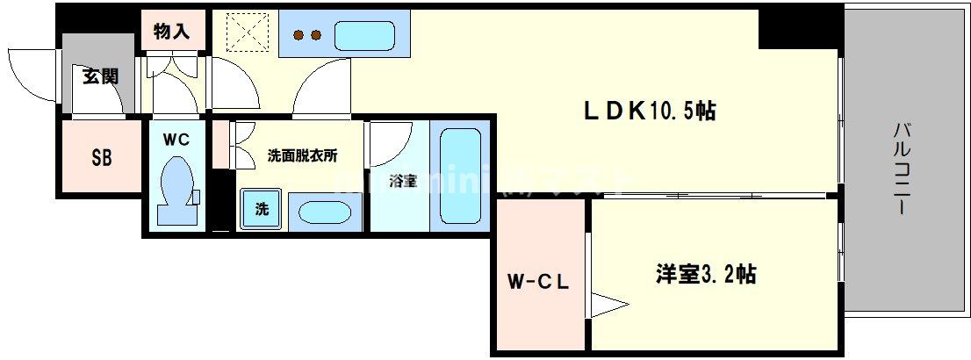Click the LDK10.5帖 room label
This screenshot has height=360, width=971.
click(x=650, y=112)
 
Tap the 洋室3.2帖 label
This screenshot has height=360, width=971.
click(x=705, y=275)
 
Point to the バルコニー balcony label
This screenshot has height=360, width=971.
click(x=902, y=169)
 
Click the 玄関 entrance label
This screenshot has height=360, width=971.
click(x=100, y=77)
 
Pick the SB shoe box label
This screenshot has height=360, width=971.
click(x=102, y=158)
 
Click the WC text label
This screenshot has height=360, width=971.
click(x=176, y=138)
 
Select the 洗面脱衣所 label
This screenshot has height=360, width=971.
click(x=302, y=155)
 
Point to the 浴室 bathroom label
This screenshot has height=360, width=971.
click(x=401, y=182)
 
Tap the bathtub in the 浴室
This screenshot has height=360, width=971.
click(x=458, y=180)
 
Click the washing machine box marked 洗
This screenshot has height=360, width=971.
click(x=262, y=209)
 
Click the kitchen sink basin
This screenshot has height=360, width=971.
click(x=369, y=36)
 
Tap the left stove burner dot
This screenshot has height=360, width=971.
click(x=298, y=36)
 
